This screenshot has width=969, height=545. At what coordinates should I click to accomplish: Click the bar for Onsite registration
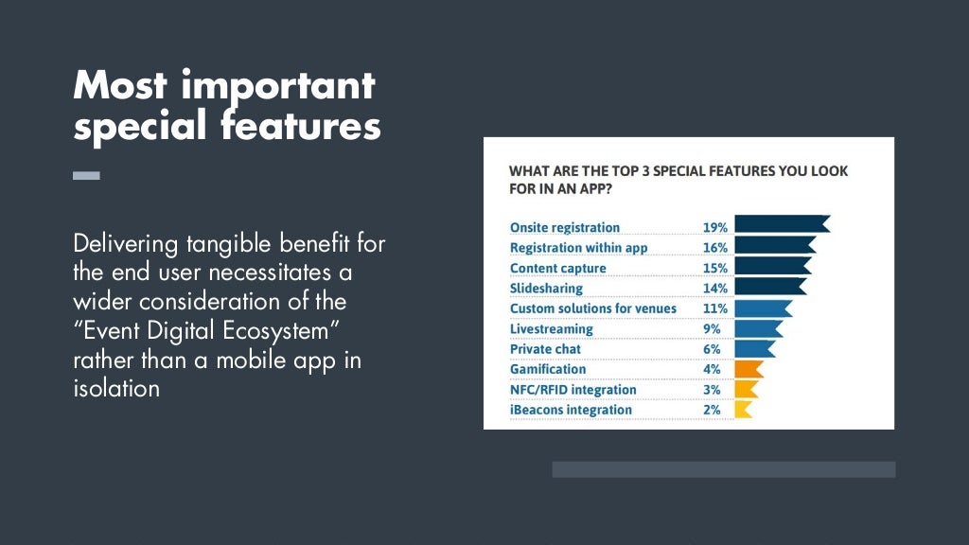click(781, 225)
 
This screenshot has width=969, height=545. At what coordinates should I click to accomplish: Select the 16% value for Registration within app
click(714, 248)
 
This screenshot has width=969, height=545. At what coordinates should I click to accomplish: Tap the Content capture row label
click(557, 269)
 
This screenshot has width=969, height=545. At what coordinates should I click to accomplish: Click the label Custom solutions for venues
click(592, 308)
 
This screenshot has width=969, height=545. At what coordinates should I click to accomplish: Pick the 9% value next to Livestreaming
click(712, 329)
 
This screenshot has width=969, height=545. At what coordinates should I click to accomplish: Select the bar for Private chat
click(753, 349)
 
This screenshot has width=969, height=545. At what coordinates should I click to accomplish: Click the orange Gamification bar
click(748, 369)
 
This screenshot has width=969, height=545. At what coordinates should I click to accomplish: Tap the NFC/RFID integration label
click(573, 390)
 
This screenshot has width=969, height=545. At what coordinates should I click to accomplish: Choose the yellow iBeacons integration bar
click(743, 410)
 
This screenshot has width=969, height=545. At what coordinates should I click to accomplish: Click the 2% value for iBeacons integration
click(712, 410)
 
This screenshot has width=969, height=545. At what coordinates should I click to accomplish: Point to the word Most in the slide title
click(119, 86)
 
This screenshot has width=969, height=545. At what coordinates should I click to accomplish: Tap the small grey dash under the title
click(86, 175)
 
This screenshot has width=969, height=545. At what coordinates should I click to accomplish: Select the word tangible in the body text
click(228, 244)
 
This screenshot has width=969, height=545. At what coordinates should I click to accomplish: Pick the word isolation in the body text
click(116, 389)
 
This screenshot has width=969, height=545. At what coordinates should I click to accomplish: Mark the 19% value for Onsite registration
click(714, 227)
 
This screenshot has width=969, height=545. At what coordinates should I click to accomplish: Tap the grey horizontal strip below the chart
click(723, 469)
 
